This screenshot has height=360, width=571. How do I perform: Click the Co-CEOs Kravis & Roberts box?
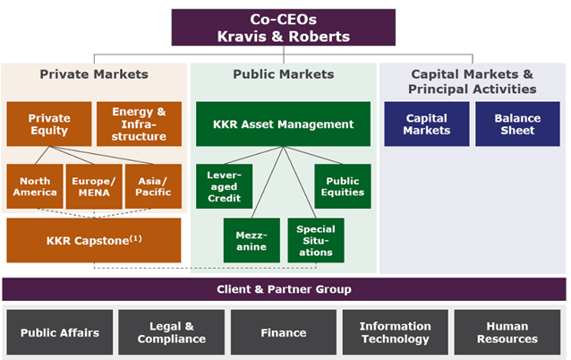(284, 28)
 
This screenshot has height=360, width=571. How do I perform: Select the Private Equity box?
(49, 124)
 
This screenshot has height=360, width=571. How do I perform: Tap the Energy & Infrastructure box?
(139, 124)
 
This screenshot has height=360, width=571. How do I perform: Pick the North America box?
(35, 186)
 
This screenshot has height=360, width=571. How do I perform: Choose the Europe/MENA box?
(94, 186)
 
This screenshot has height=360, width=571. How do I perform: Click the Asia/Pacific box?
(153, 186)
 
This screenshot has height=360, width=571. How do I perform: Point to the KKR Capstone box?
(94, 240)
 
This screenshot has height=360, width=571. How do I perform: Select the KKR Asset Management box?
(284, 124)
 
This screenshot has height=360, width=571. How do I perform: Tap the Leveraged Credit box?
(225, 186)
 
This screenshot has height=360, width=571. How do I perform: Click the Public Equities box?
(343, 186)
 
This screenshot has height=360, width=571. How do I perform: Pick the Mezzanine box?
(251, 240)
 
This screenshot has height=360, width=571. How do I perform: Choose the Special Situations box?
(316, 240)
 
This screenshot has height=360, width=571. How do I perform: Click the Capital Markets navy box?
(427, 124)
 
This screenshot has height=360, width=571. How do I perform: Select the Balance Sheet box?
(517, 124)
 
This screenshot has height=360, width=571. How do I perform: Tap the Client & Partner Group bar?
(284, 289)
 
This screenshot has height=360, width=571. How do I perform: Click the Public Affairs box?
(60, 332)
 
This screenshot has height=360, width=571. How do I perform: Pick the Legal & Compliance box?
(172, 332)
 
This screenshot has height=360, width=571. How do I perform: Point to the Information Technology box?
(395, 332)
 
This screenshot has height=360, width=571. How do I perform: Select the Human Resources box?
(507, 332)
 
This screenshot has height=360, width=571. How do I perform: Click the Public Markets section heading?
(284, 74)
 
